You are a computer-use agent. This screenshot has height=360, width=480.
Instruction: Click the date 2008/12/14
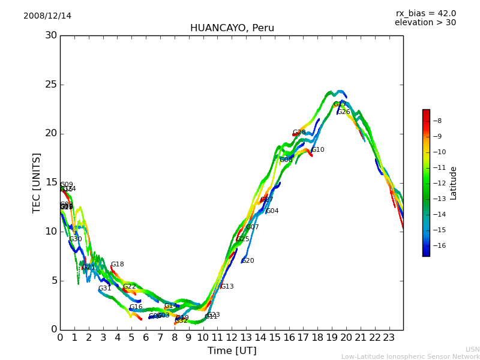tap(47, 16)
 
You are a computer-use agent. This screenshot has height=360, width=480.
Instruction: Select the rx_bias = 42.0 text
tap(425, 13)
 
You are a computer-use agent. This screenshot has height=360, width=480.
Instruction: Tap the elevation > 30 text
tap(425, 23)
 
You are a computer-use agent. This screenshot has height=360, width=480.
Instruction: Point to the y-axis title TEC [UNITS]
tap(37, 182)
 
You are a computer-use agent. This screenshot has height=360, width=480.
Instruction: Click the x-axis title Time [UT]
tap(232, 350)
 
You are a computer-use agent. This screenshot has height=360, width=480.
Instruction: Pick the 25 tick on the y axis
tap(51, 85)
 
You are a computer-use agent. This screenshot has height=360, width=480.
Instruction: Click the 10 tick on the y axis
tap(51, 232)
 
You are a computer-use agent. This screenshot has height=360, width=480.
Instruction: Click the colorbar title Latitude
tap(454, 183)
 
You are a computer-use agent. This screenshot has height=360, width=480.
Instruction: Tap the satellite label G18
tap(117, 265)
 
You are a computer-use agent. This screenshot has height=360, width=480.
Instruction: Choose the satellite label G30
tap(76, 239)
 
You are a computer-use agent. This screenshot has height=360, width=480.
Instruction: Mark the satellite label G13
tap(227, 287)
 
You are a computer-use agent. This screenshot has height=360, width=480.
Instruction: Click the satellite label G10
tap(317, 150)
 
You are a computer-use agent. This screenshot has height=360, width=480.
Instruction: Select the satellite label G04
tap(272, 211)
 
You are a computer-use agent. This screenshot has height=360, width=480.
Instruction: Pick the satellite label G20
tap(248, 261)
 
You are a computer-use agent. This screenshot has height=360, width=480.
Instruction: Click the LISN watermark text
tap(472, 349)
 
